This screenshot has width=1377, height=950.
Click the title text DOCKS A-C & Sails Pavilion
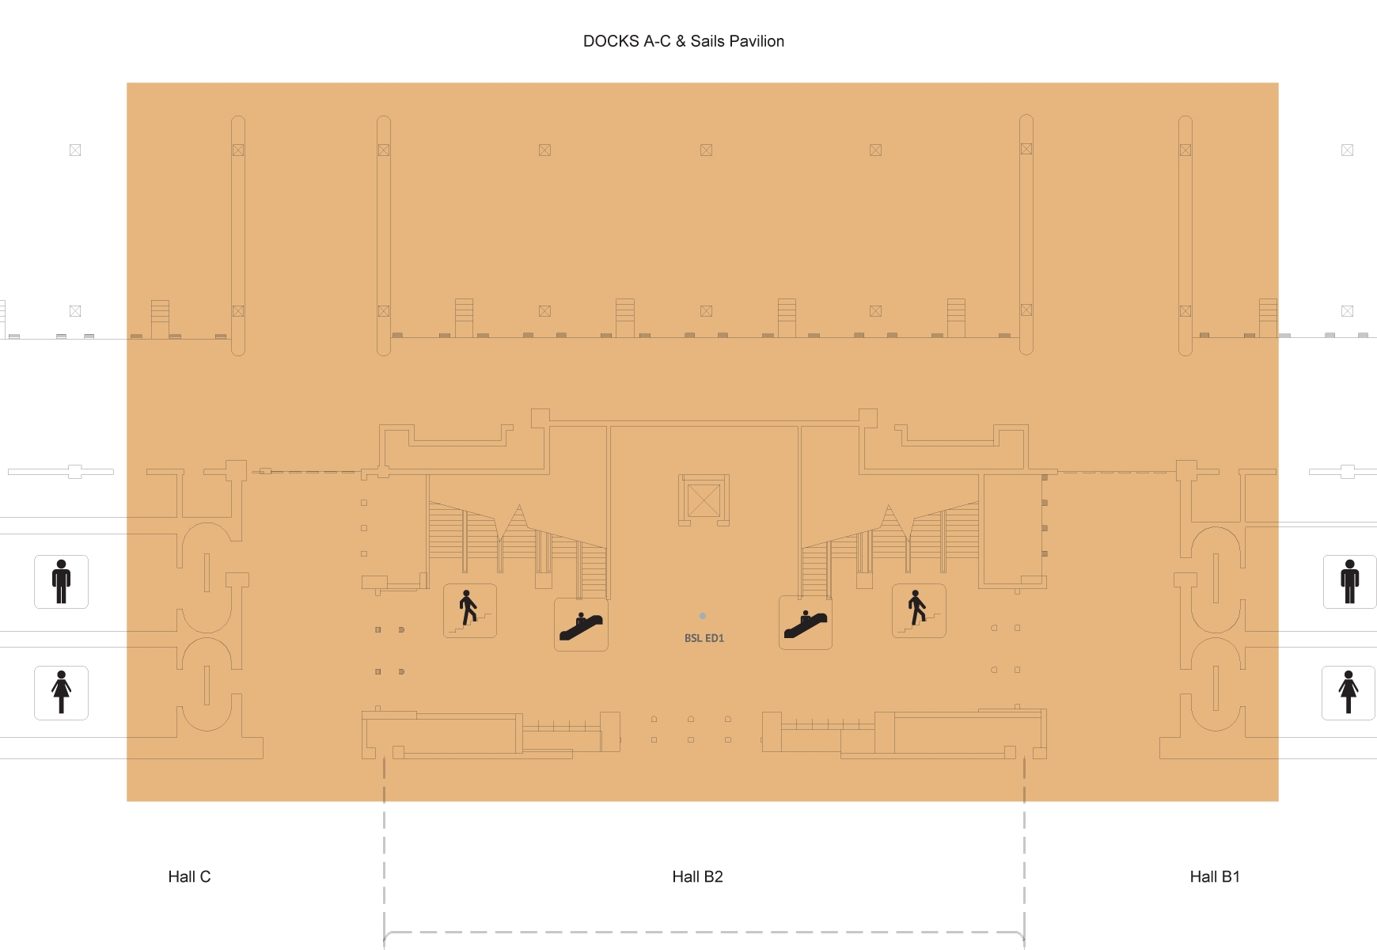(684, 41)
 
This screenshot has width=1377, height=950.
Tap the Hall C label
(189, 876)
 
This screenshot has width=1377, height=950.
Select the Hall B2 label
(697, 876)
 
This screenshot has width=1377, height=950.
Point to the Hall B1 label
(1215, 876)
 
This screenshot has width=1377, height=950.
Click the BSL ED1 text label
(704, 638)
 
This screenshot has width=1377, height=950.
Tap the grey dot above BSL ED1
(702, 616)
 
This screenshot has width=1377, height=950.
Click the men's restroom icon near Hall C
(61, 582)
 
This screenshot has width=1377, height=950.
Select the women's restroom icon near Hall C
(61, 693)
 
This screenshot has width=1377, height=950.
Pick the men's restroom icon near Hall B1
(1350, 582)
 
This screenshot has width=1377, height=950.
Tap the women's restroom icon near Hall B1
(1349, 693)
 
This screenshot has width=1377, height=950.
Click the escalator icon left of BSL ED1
(581, 625)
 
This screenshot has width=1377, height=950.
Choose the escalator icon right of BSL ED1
(806, 623)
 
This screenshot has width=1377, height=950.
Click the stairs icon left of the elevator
(470, 610)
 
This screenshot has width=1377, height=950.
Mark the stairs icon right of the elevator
(919, 610)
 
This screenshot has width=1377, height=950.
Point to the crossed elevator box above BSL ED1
(704, 500)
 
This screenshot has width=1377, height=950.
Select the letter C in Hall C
(205, 876)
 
